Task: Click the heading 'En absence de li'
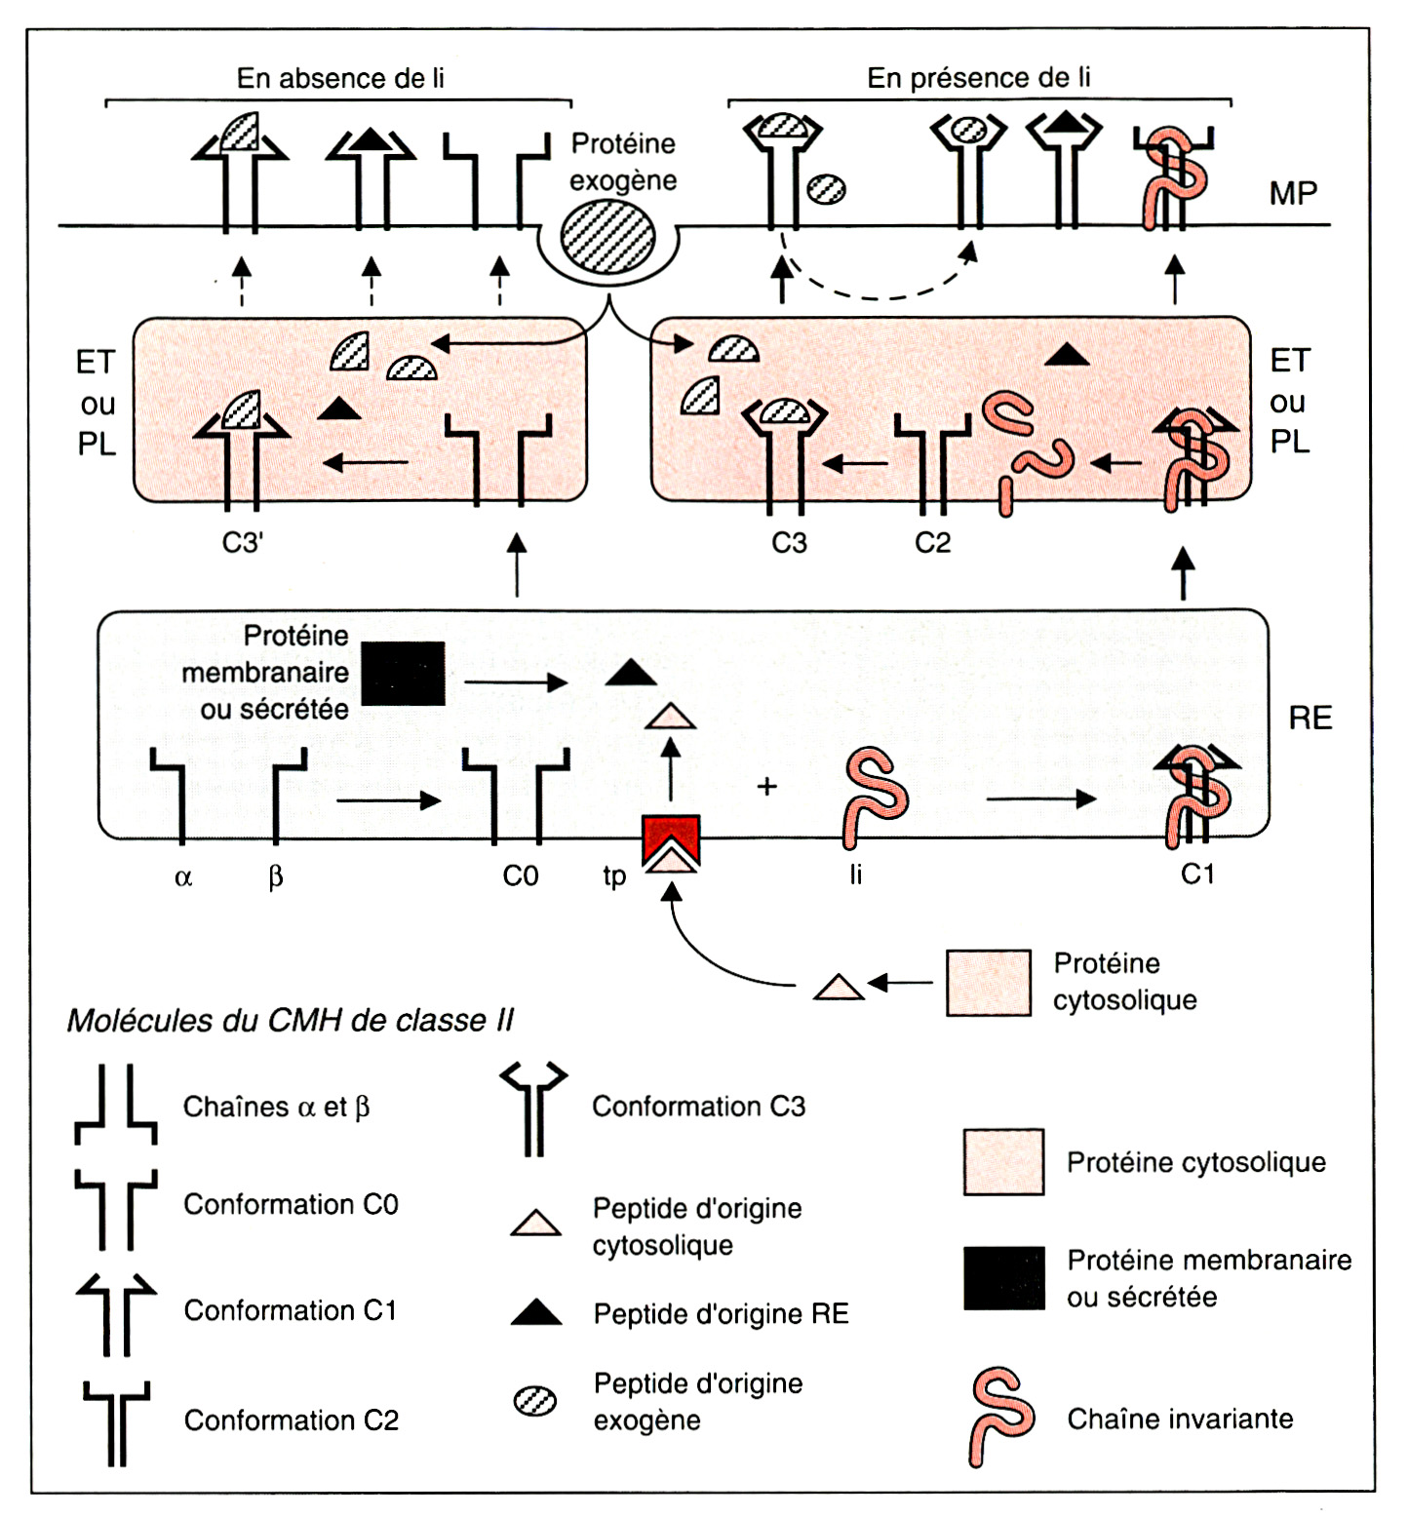click(340, 78)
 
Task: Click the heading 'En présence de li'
click(978, 78)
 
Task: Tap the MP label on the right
click(1293, 194)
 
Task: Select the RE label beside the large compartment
click(1310, 719)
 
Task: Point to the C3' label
click(243, 542)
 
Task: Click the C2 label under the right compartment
click(932, 542)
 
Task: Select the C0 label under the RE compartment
click(521, 876)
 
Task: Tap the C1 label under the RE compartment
click(1197, 875)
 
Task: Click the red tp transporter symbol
click(671, 840)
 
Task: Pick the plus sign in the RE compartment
click(767, 786)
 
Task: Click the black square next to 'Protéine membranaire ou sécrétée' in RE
click(403, 673)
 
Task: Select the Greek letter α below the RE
click(183, 877)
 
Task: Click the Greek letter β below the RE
click(276, 877)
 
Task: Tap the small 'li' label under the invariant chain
click(855, 875)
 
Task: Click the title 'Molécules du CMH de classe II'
click(290, 1021)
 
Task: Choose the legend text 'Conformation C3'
click(698, 1107)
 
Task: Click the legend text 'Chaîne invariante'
click(1180, 1419)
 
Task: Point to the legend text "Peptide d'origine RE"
click(721, 1314)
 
